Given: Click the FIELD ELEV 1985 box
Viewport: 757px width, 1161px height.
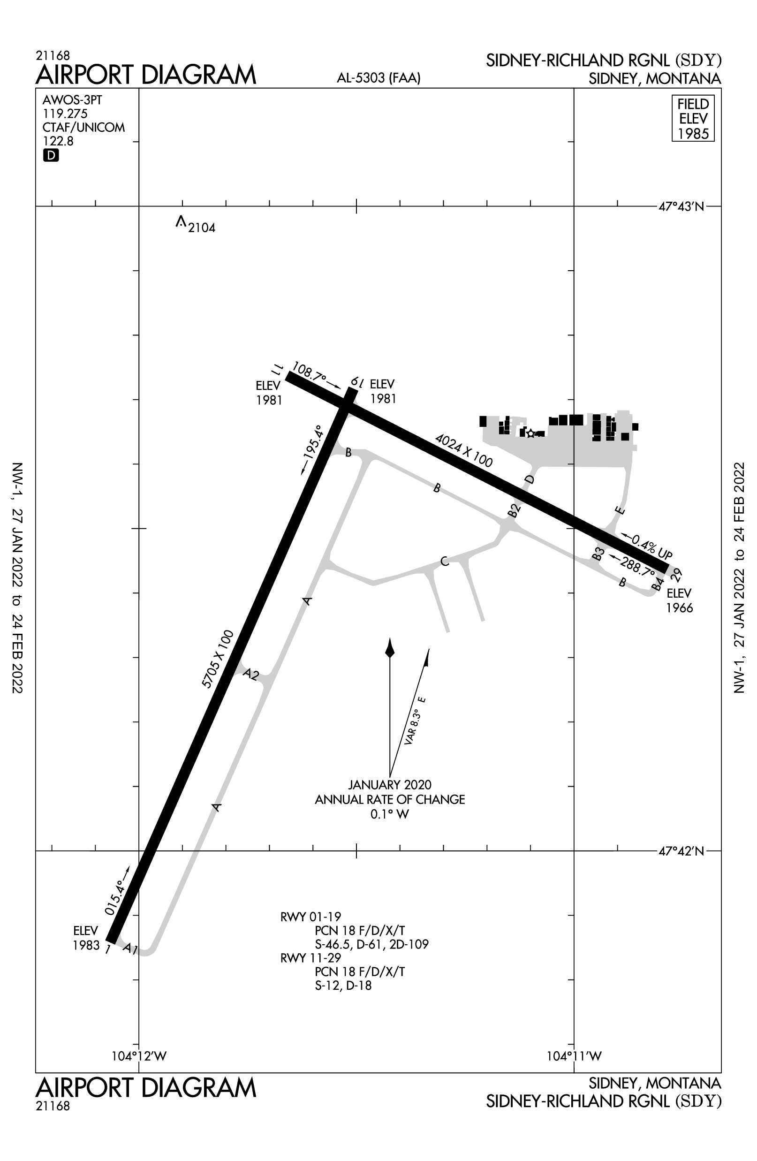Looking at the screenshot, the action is coord(693,119).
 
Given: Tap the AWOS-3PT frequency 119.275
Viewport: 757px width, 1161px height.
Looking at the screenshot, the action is coord(65,114).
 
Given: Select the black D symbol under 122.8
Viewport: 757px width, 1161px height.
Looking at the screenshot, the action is coord(51,156).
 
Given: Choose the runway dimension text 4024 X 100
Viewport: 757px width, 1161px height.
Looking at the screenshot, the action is coord(463,450).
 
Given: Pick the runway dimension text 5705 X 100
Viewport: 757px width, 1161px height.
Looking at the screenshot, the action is coord(218,659).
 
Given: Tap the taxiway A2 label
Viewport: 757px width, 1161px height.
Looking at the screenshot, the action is coord(251,675).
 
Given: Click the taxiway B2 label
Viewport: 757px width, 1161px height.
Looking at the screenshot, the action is coord(514,510).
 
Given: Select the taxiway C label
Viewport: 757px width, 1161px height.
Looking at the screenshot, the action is coord(444,562).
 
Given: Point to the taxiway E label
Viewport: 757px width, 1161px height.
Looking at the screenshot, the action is coord(620,511).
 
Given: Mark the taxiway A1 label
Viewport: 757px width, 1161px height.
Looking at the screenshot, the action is coord(130,949).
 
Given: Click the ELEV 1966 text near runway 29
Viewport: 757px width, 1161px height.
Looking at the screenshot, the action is coord(680,600).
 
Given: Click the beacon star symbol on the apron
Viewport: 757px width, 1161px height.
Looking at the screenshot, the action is coord(530,433).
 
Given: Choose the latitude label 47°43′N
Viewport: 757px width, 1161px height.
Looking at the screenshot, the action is coord(681,207).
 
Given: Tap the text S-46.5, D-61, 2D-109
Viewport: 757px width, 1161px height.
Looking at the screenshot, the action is coord(371,944).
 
